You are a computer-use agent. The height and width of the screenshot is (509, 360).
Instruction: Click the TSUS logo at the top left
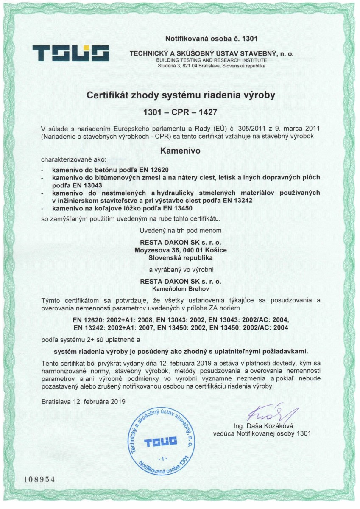pos(71,53)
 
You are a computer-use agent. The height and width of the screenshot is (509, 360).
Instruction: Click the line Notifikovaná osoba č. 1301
pos(211,39)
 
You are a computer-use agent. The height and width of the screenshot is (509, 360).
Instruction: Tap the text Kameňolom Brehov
pos(181,288)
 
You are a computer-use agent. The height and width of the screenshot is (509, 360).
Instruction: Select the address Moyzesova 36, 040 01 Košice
pos(180,250)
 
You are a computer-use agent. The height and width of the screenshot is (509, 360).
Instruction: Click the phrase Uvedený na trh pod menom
pos(181,231)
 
